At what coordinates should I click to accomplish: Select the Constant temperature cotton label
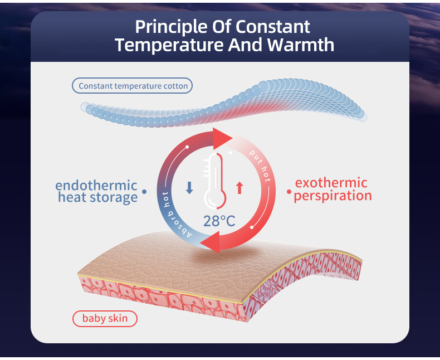point(132,86)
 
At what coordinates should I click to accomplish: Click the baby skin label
point(105,319)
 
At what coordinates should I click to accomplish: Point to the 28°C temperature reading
point(219,221)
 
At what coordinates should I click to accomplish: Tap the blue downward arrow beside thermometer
point(189,188)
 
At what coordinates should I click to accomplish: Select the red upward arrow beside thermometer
point(239,188)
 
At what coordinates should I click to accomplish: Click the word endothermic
point(96,185)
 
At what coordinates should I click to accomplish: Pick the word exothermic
point(331,183)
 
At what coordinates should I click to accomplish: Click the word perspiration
point(333,196)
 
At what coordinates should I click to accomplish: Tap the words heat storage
point(97,197)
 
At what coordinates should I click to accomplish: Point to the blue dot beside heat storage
point(145,192)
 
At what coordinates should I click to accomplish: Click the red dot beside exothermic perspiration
point(289,192)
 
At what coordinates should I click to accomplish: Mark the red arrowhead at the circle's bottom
point(211,244)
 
